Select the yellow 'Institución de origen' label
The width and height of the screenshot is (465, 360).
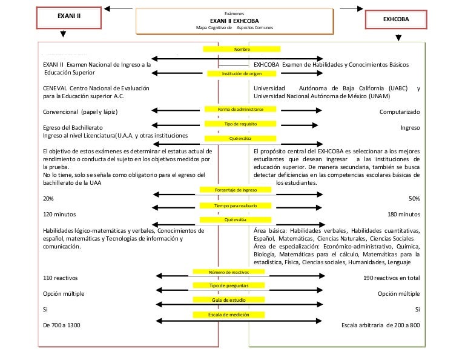click(x=241, y=73)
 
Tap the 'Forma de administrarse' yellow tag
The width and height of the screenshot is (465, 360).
click(x=241, y=108)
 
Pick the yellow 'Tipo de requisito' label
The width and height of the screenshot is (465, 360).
click(x=241, y=124)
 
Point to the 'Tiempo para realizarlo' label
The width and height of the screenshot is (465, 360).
click(x=241, y=206)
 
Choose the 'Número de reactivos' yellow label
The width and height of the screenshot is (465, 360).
click(x=229, y=272)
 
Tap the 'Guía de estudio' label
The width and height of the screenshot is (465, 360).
click(x=229, y=300)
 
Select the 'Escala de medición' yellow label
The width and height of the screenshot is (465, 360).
click(x=229, y=315)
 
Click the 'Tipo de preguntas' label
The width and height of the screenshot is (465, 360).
click(x=229, y=285)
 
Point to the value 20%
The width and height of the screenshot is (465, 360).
click(x=48, y=199)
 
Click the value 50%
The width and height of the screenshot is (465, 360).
click(x=415, y=199)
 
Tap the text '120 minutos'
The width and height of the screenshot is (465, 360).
click(x=60, y=215)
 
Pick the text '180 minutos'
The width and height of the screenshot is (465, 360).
click(x=404, y=215)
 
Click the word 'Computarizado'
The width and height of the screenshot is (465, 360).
click(x=400, y=112)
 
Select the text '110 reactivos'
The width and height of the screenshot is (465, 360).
click(x=61, y=278)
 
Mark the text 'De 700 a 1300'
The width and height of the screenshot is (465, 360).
click(x=62, y=325)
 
